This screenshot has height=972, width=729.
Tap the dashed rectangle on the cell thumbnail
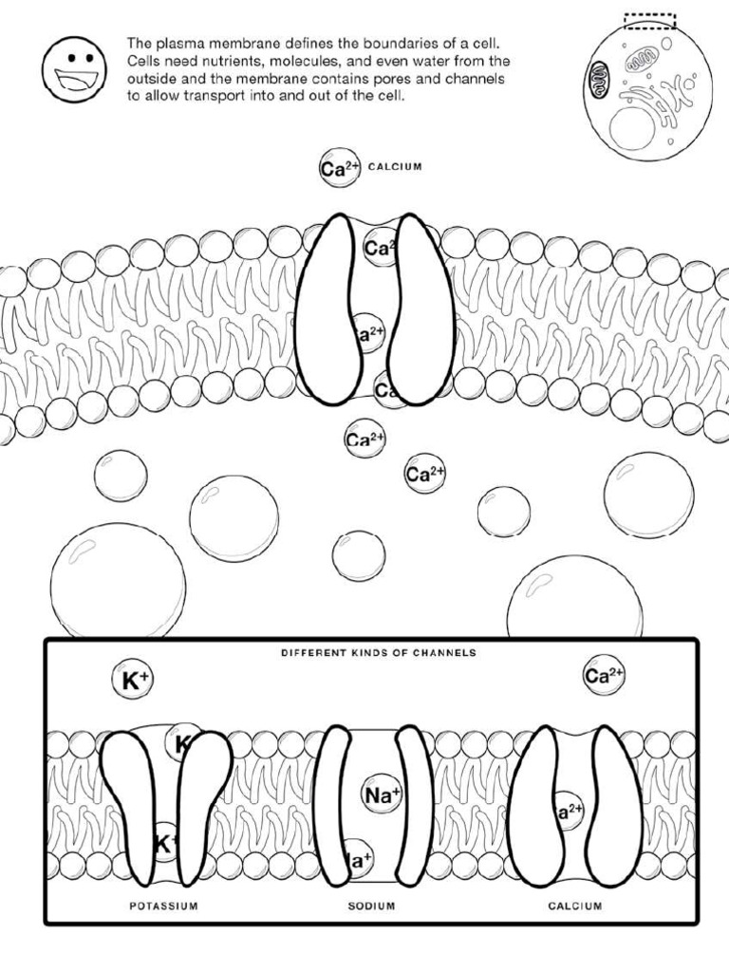tap(649, 20)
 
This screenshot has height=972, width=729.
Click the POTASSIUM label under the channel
tap(163, 906)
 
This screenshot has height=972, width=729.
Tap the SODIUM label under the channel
tap(371, 906)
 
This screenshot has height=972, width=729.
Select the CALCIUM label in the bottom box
tap(574, 906)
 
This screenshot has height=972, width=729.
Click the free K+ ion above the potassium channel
tap(131, 680)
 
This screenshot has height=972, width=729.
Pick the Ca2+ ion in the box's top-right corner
tap(604, 676)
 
